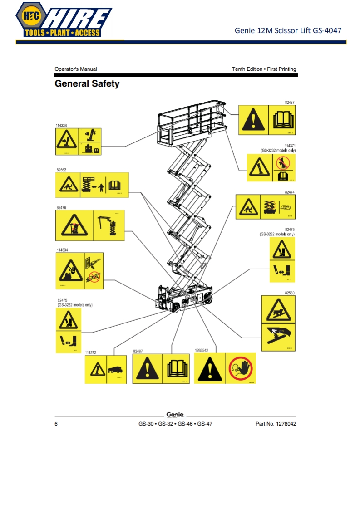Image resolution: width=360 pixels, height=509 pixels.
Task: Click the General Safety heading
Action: [87, 84]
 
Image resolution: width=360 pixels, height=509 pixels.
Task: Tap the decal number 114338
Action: [61, 125]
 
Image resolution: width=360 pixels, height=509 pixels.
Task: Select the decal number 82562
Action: [61, 170]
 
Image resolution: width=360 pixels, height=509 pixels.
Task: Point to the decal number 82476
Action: [61, 207]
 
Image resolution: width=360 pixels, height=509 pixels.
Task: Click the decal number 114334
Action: [62, 250]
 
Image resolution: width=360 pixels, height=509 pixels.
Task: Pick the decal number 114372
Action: [91, 352]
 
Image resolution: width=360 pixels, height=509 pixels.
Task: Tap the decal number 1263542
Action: [202, 351]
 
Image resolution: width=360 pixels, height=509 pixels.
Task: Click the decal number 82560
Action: [290, 293]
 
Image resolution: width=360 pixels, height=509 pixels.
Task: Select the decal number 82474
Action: [290, 192]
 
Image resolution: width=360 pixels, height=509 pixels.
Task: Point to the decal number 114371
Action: [290, 145]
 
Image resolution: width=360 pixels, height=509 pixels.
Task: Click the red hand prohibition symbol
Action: [240, 368]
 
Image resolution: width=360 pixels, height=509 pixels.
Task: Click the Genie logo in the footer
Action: [175, 415]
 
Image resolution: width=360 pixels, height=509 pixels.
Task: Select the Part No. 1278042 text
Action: [276, 424]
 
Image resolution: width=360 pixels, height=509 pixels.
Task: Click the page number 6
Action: [56, 424]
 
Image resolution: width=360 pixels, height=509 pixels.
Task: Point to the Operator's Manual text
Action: [75, 69]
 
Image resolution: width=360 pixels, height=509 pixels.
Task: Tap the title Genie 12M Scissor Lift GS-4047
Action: [288, 31]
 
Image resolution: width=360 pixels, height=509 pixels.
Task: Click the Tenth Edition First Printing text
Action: [264, 69]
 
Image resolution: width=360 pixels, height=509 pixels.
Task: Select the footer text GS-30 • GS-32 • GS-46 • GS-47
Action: [175, 424]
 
